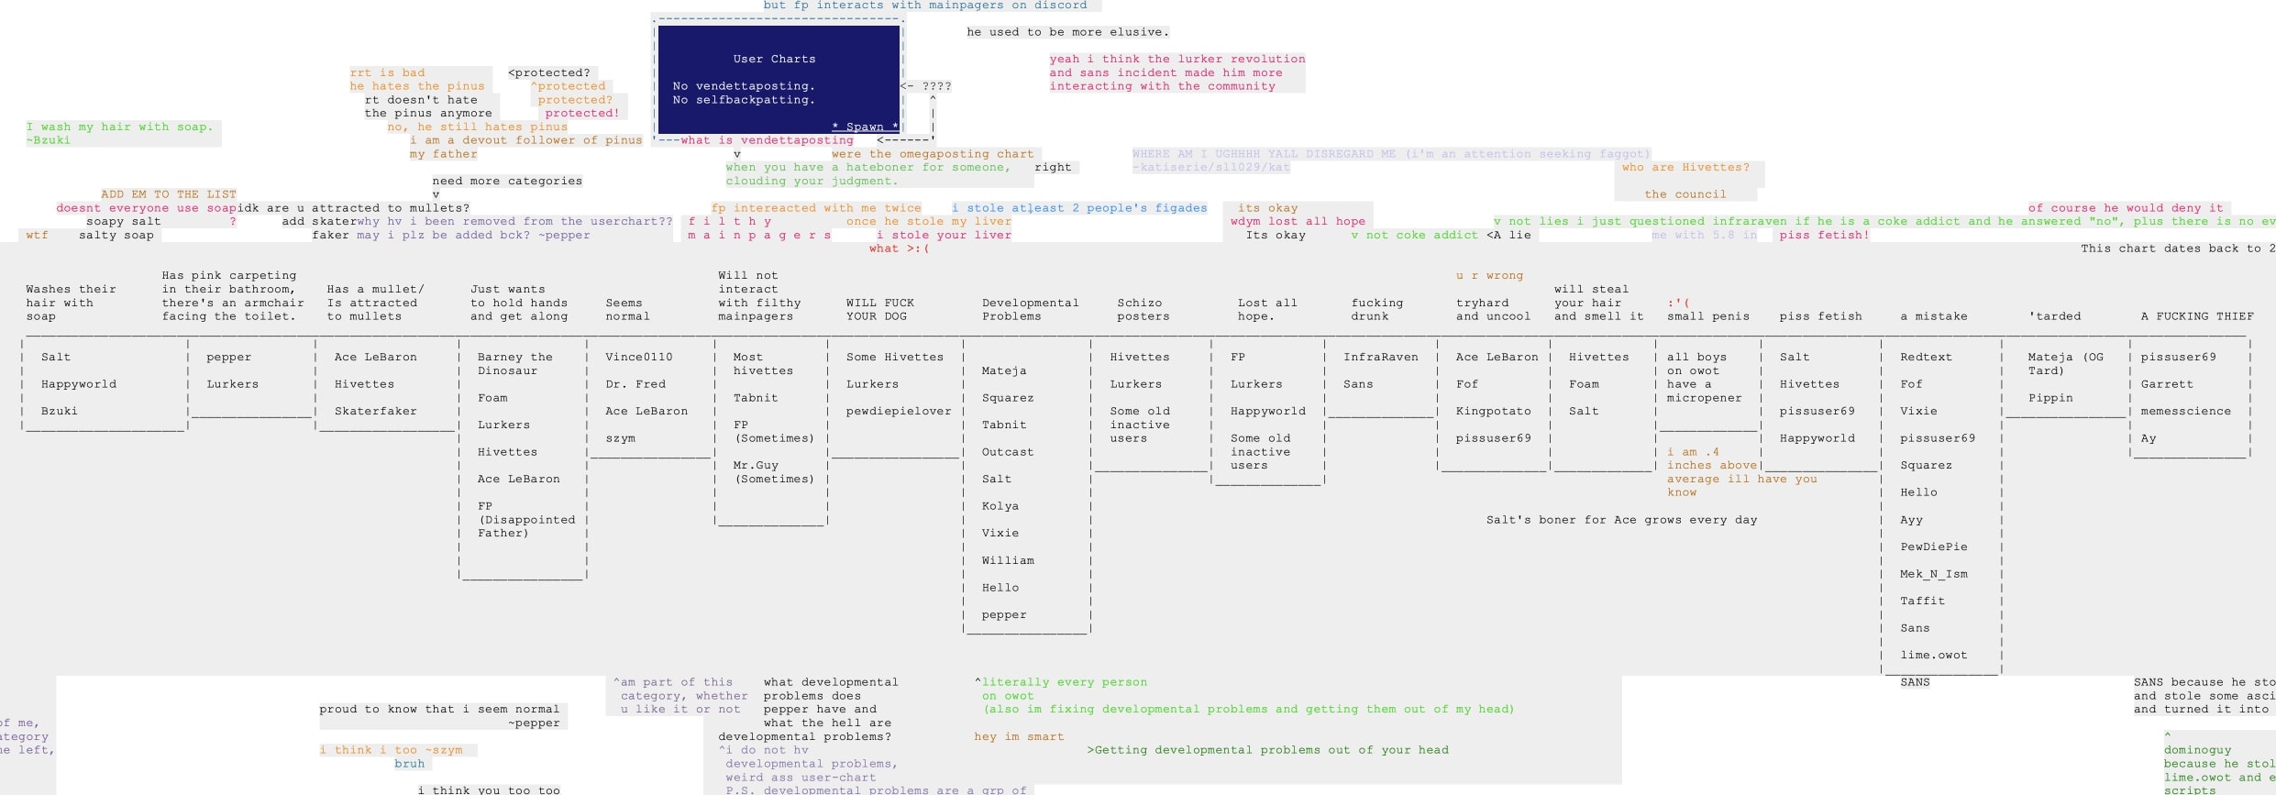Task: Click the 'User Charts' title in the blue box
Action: pos(774,59)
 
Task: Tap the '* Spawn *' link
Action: pos(865,127)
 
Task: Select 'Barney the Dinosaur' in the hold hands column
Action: pos(514,363)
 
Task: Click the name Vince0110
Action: pos(638,357)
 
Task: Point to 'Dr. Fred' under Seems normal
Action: pos(635,384)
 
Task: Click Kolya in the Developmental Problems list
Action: pos(1000,506)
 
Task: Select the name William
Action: pos(1007,560)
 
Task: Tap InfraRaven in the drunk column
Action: pos(1380,357)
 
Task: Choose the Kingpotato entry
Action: pos(1493,411)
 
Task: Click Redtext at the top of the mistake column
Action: pos(1926,357)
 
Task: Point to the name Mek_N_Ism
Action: pos(1933,574)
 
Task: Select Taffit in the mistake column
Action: pos(1922,601)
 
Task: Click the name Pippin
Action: pos(2050,398)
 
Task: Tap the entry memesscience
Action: pos(2185,411)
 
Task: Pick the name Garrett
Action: pos(2167,384)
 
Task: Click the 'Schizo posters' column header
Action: pos(1143,309)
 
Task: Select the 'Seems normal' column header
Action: pos(627,309)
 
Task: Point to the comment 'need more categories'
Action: pos(507,181)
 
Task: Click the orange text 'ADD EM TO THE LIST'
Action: pos(169,194)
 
